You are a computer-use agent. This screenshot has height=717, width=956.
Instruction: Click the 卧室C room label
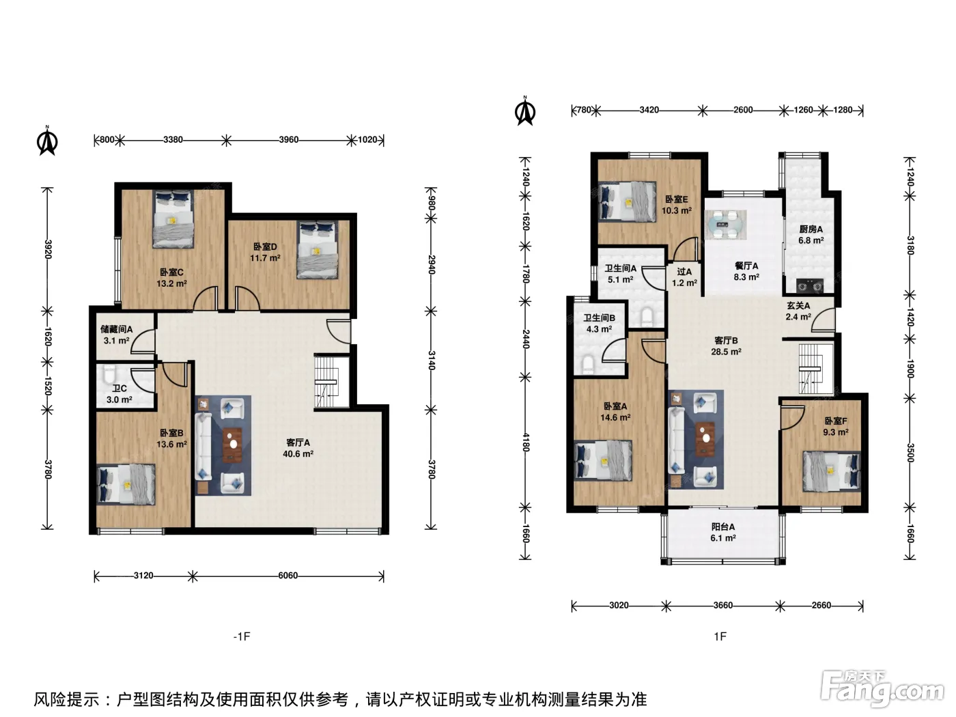pyautogui.click(x=171, y=272)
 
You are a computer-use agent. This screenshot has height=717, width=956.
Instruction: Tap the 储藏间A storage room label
pyautogui.click(x=116, y=330)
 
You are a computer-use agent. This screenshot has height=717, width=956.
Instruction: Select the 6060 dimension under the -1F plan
pyautogui.click(x=288, y=576)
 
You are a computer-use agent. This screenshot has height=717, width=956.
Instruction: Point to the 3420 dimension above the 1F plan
pyautogui.click(x=649, y=110)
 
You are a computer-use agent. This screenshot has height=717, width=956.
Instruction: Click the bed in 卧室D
pyautogui.click(x=318, y=250)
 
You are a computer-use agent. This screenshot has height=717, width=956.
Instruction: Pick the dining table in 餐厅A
pyautogui.click(x=726, y=225)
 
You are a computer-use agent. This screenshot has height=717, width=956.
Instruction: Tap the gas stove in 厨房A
pyautogui.click(x=810, y=285)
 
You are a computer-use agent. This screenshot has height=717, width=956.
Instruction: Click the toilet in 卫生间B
pyautogui.click(x=589, y=365)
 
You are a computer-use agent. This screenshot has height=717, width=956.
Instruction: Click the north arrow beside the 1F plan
pyautogui.click(x=525, y=111)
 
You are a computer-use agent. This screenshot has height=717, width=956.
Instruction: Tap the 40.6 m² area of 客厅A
pyautogui.click(x=298, y=454)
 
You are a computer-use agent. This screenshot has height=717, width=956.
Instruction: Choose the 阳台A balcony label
pyautogui.click(x=723, y=526)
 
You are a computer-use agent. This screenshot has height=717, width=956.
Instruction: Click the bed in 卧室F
pyautogui.click(x=832, y=471)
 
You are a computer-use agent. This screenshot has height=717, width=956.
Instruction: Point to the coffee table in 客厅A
pyautogui.click(x=233, y=445)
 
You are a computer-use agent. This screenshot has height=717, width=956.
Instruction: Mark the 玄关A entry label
pyautogui.click(x=798, y=306)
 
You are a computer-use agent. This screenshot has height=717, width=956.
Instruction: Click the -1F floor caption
pyautogui.click(x=242, y=636)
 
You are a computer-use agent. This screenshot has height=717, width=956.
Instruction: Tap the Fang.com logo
pyautogui.click(x=882, y=689)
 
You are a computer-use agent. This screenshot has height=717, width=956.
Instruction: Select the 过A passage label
pyautogui.click(x=684, y=272)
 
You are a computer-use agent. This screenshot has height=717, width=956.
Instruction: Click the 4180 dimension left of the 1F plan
pyautogui.click(x=526, y=442)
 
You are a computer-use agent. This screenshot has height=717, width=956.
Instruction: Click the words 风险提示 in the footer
pyautogui.click(x=67, y=699)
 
